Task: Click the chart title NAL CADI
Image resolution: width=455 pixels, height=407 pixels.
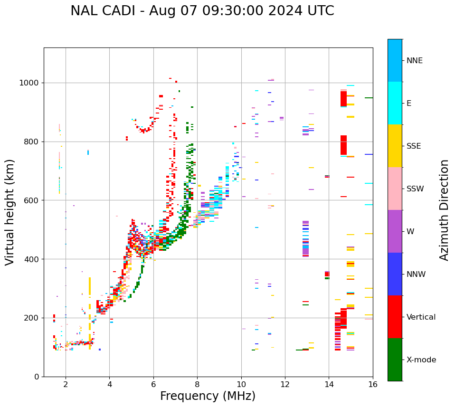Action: [202, 11]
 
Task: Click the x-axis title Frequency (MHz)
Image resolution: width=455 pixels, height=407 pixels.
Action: [208, 396]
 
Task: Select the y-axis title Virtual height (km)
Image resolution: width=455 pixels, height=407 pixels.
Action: [10, 212]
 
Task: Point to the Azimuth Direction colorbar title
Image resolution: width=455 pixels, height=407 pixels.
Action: [444, 210]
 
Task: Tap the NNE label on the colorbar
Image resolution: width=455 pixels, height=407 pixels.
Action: [414, 61]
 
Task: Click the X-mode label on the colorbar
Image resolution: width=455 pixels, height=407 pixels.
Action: [421, 360]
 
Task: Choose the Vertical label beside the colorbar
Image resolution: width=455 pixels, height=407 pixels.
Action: [421, 317]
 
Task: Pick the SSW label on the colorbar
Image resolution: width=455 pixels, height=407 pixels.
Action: [415, 189]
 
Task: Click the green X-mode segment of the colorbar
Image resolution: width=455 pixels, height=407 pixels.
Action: [395, 360]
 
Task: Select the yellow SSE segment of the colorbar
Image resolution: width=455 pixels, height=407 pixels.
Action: [395, 146]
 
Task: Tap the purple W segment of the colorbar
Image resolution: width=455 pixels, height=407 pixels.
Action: [395, 231]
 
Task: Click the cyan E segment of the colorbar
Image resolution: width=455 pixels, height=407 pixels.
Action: [395, 103]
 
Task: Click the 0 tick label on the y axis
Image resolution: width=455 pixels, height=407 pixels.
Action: [37, 377]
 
